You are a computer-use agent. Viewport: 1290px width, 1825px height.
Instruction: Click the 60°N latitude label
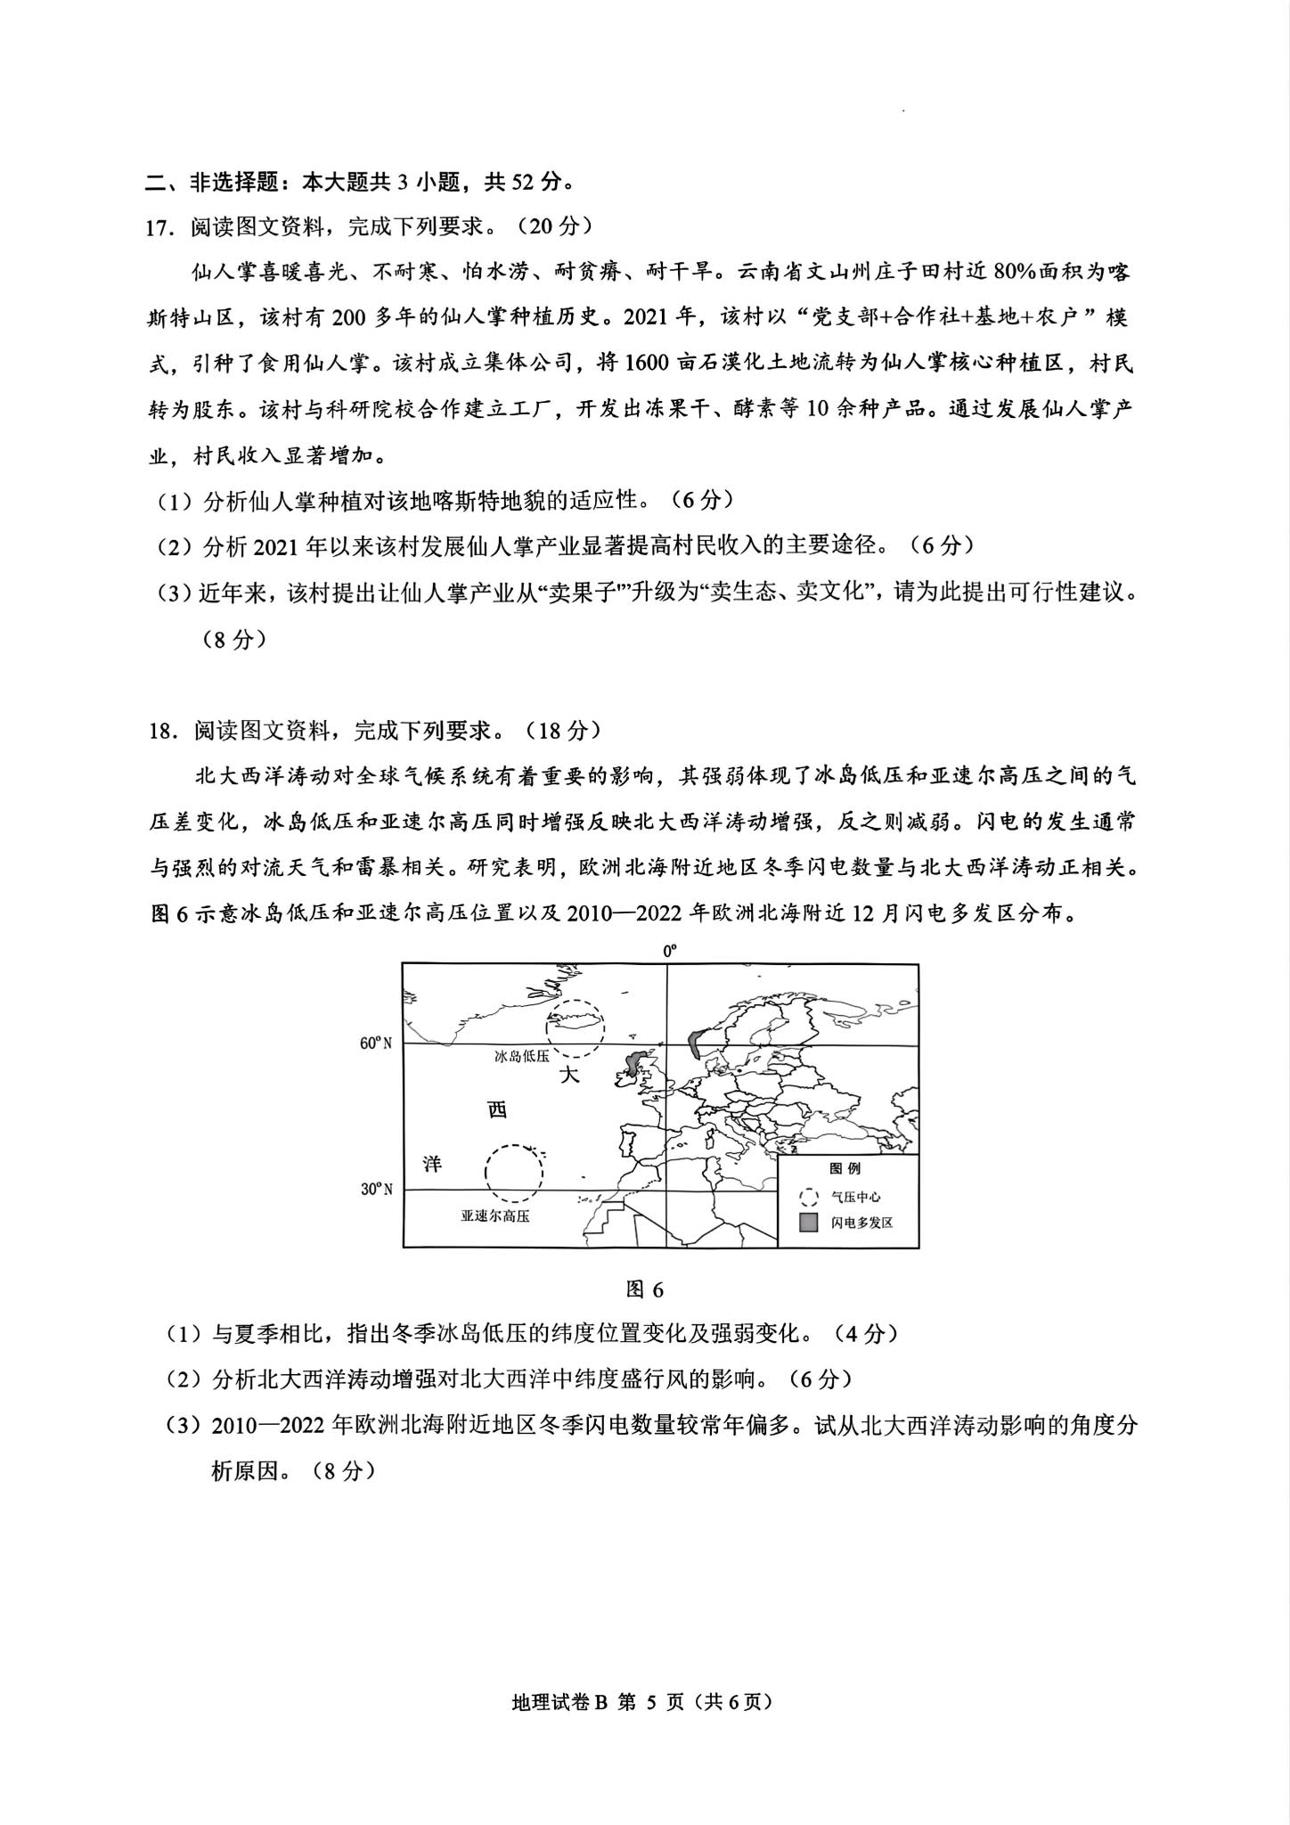[x=376, y=1043]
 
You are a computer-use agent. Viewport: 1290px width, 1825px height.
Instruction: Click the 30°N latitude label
[x=376, y=1189]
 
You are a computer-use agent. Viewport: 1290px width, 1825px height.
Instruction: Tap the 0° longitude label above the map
[x=669, y=952]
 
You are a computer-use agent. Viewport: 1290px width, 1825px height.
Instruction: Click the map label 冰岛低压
[x=522, y=1056]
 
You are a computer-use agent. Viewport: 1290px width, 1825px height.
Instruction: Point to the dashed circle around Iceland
[x=576, y=1027]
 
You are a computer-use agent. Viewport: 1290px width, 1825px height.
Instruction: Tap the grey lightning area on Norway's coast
[x=696, y=1036]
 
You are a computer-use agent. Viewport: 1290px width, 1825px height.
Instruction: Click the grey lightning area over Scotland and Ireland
[x=636, y=1063]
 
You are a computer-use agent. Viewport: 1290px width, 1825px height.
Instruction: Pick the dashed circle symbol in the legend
[x=808, y=1197]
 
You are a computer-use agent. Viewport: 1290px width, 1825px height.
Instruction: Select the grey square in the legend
[x=808, y=1222]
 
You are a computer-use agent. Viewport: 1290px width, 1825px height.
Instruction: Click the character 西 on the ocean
[x=496, y=1109]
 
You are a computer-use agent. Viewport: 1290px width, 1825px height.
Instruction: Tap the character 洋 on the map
[x=432, y=1164]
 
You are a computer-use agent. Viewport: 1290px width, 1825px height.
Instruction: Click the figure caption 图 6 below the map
[x=645, y=1289]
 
